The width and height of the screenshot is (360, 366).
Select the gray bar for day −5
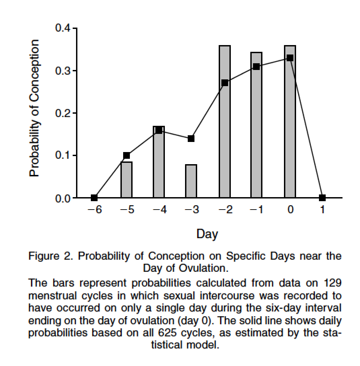[x=127, y=180]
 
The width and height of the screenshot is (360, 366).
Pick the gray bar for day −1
[x=256, y=135]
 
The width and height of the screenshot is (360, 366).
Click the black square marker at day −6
[x=94, y=198]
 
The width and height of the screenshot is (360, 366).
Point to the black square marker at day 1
[x=322, y=198]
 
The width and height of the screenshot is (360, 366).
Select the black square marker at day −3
[x=191, y=139]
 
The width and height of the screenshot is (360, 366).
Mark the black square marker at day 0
[x=290, y=58]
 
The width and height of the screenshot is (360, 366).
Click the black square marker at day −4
[x=159, y=130]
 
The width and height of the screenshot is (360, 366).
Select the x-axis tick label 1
[x=322, y=210]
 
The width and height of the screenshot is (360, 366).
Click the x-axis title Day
[x=207, y=234]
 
